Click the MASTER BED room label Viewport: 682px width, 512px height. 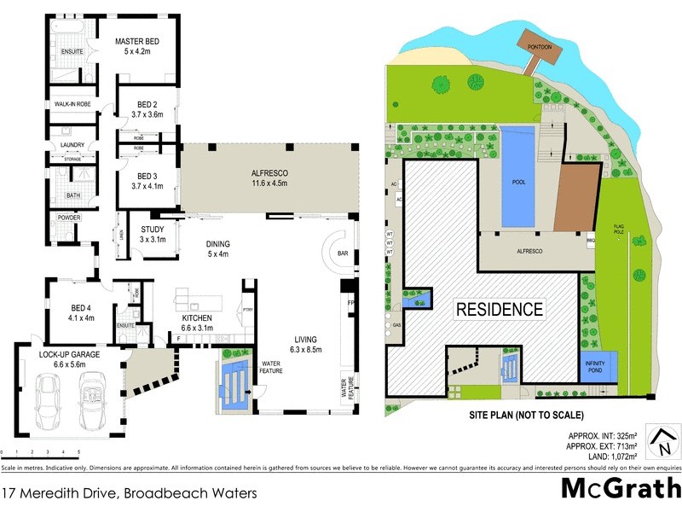click(x=137, y=42)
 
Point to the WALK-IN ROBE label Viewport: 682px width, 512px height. click(x=72, y=105)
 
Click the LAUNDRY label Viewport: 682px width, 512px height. click(x=72, y=145)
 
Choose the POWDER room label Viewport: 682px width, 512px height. click(x=70, y=218)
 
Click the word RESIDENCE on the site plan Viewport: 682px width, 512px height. click(x=499, y=309)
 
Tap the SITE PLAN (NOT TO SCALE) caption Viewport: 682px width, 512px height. click(x=524, y=415)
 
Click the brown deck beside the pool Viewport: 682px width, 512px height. click(x=577, y=197)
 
